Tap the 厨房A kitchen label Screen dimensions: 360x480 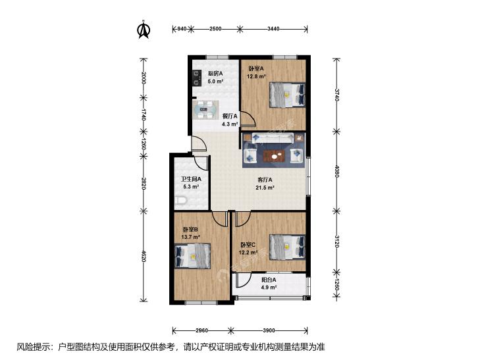tap(215, 73)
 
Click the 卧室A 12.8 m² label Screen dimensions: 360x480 tap(256, 72)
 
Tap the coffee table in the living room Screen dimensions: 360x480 tap(273, 156)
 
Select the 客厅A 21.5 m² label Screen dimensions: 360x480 tap(265, 184)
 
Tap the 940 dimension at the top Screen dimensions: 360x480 tap(183, 28)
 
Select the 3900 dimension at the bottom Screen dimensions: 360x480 tap(269, 330)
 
